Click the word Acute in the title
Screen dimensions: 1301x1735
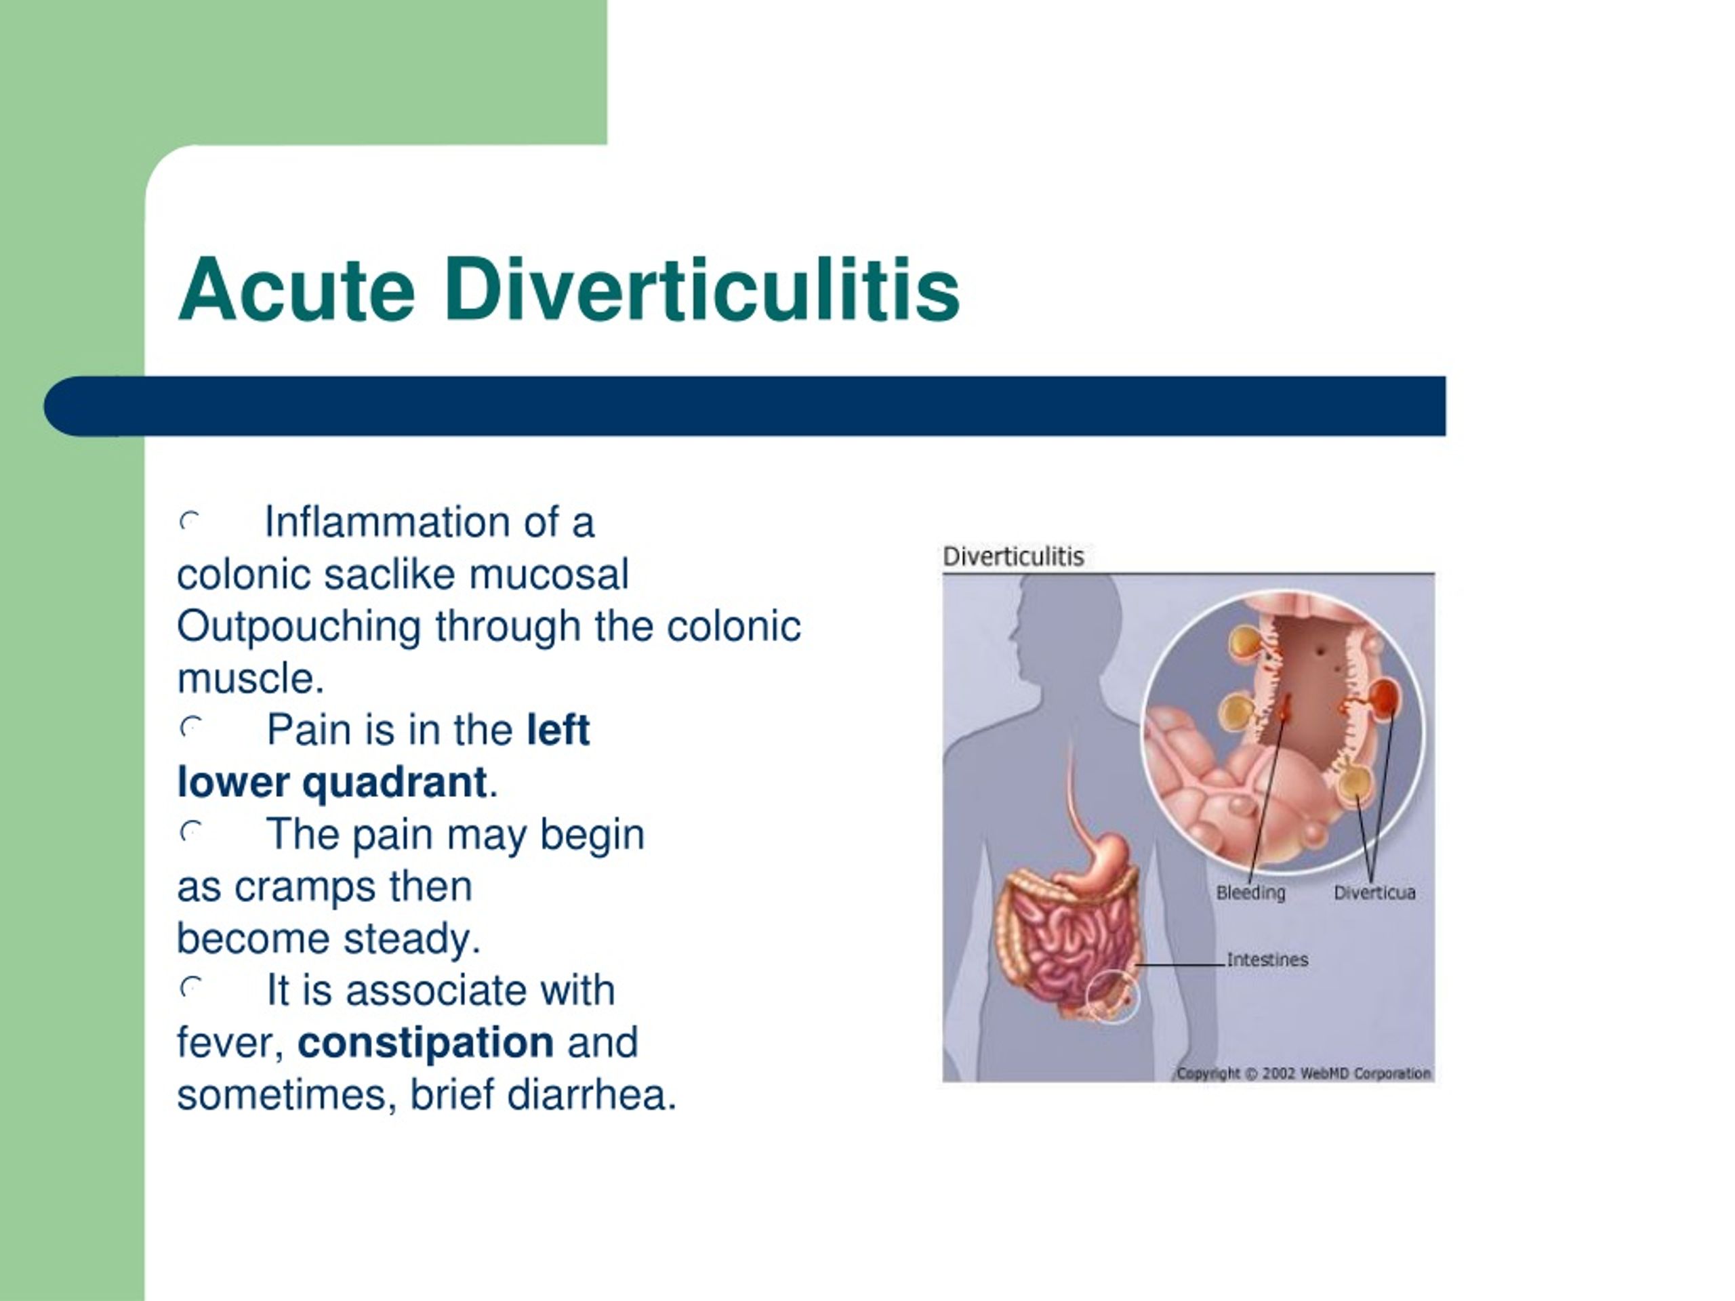pyautogui.click(x=296, y=290)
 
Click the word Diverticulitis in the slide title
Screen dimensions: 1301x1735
pyautogui.click(x=702, y=290)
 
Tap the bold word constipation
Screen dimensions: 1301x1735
pyautogui.click(x=426, y=1042)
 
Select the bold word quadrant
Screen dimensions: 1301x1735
pyautogui.click(x=394, y=782)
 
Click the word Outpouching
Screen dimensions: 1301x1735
pyautogui.click(x=299, y=627)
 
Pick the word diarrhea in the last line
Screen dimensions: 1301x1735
pyautogui.click(x=592, y=1095)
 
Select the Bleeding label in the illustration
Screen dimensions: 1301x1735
pyautogui.click(x=1250, y=892)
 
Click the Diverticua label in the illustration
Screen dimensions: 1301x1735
pyautogui.click(x=1374, y=892)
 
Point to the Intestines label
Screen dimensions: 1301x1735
pyautogui.click(x=1267, y=959)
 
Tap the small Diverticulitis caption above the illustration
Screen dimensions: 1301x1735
pyautogui.click(x=1013, y=557)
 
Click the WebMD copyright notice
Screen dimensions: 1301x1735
pyautogui.click(x=1303, y=1073)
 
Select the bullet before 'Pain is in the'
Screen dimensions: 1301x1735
pyautogui.click(x=190, y=728)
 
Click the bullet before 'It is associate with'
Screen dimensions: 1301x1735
pyautogui.click(x=190, y=988)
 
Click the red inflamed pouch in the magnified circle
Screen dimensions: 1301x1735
pyautogui.click(x=1385, y=697)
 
